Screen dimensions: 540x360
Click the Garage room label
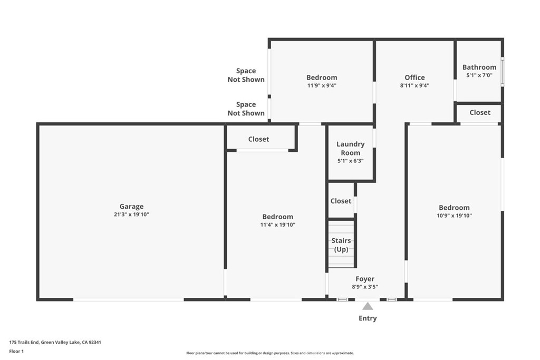tap(131, 207)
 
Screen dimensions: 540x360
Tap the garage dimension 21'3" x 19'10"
tap(131, 215)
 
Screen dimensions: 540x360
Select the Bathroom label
tap(479, 67)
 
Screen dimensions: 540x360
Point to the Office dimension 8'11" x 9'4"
tap(414, 86)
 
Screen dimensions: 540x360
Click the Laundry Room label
tap(351, 148)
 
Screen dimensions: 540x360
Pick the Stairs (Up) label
tap(341, 245)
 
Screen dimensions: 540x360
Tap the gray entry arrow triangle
tap(368, 306)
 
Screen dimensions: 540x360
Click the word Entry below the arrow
tap(368, 318)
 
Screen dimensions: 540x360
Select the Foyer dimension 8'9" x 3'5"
tap(365, 287)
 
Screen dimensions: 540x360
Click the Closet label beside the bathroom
tap(480, 113)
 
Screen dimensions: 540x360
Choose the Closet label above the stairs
tap(341, 201)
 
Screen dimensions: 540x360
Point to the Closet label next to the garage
tap(258, 139)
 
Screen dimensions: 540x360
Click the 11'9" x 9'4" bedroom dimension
tap(322, 86)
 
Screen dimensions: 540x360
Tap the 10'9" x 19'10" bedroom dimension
tap(454, 216)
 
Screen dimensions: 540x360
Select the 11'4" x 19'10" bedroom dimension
tap(278, 225)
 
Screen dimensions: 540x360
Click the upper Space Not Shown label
tap(246, 75)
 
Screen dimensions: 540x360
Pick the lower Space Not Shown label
tap(246, 109)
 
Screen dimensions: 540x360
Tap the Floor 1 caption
tap(16, 352)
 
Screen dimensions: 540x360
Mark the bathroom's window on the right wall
tap(503, 72)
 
